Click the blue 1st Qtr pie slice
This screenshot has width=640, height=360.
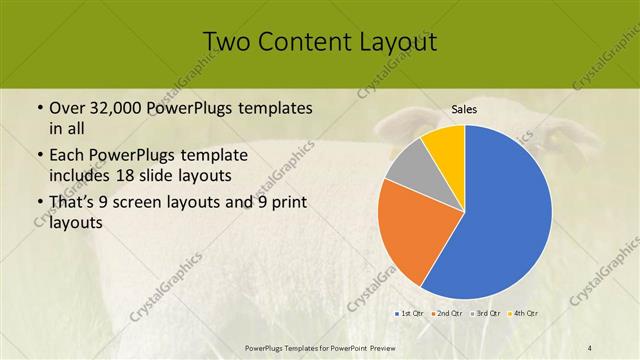(505, 215)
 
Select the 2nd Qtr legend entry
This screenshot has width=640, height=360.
(447, 314)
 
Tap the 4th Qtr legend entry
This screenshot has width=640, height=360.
(524, 314)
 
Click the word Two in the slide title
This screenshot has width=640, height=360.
(226, 42)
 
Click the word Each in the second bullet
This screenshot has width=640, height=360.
(67, 156)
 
